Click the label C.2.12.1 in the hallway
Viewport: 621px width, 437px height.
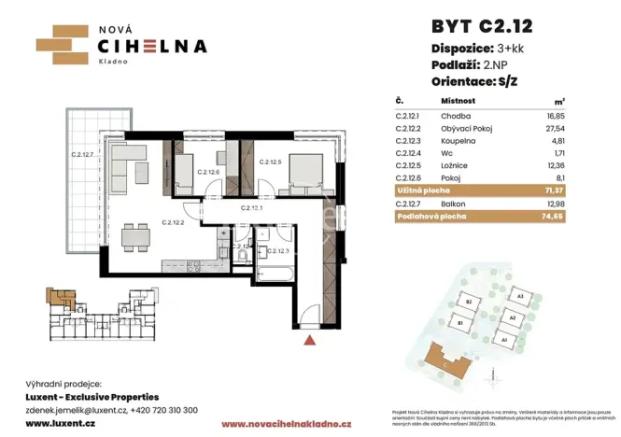pyautogui.click(x=251, y=208)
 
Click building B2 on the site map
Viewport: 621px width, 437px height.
pyautogui.click(x=472, y=302)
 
